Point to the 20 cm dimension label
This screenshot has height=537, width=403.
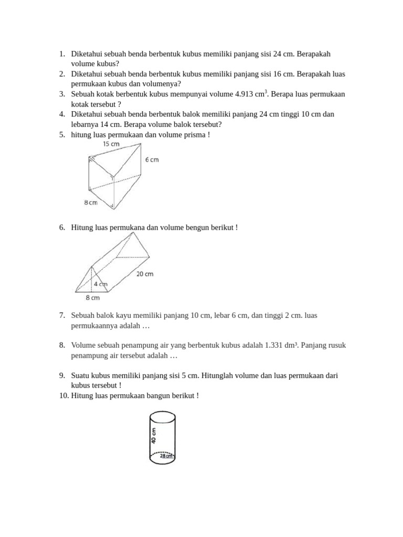145,273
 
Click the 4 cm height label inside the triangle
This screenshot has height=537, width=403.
100,284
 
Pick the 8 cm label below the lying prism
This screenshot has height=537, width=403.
92,298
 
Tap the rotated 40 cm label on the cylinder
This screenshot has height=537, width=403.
154,435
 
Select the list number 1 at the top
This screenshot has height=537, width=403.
61,54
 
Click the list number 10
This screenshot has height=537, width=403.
59,395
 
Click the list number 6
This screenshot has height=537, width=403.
61,228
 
